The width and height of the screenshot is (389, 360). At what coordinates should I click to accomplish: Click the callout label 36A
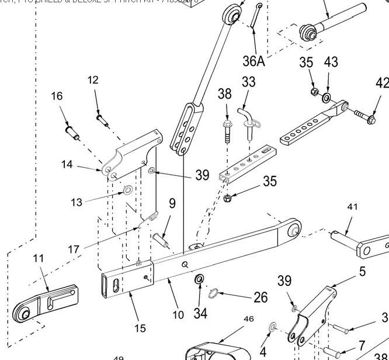click(x=253, y=60)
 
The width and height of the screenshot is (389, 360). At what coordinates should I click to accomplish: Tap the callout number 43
click(x=331, y=62)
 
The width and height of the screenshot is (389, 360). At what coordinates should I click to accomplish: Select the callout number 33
click(x=249, y=82)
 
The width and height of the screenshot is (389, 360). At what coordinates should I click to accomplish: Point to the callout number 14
click(x=67, y=165)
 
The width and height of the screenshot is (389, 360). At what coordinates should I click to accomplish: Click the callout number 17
click(x=74, y=249)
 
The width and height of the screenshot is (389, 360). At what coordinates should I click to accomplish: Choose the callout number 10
click(x=178, y=314)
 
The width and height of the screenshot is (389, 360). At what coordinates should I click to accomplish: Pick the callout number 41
click(x=352, y=207)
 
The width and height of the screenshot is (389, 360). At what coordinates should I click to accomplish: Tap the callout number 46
click(x=249, y=319)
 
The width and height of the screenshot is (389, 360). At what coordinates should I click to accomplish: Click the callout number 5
click(x=362, y=271)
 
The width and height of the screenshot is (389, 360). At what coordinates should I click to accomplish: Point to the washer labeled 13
click(x=126, y=191)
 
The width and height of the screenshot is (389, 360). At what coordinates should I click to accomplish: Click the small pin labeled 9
click(x=162, y=239)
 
